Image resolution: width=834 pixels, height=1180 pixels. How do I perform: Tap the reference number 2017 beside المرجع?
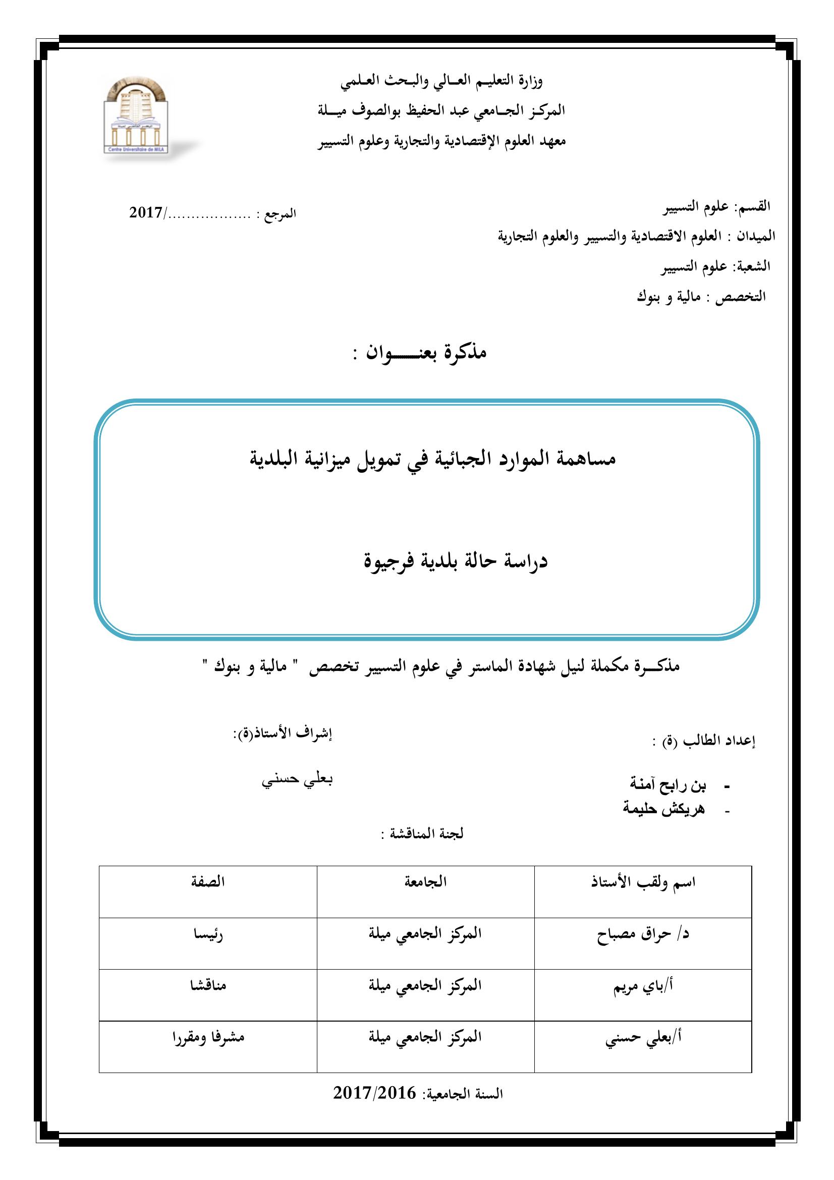point(146,213)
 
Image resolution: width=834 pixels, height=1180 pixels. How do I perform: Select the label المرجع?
point(280,214)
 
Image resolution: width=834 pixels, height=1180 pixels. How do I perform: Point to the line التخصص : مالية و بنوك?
point(701,297)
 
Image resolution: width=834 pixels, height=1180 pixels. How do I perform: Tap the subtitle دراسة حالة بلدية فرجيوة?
point(456,560)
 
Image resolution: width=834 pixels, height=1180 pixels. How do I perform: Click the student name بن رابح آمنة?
point(668,784)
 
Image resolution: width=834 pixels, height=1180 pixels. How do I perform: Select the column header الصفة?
point(208,882)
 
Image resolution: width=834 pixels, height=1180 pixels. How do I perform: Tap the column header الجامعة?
point(425,882)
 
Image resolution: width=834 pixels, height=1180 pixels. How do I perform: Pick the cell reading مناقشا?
point(208,985)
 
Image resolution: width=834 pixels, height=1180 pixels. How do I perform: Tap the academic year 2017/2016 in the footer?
point(374,1107)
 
